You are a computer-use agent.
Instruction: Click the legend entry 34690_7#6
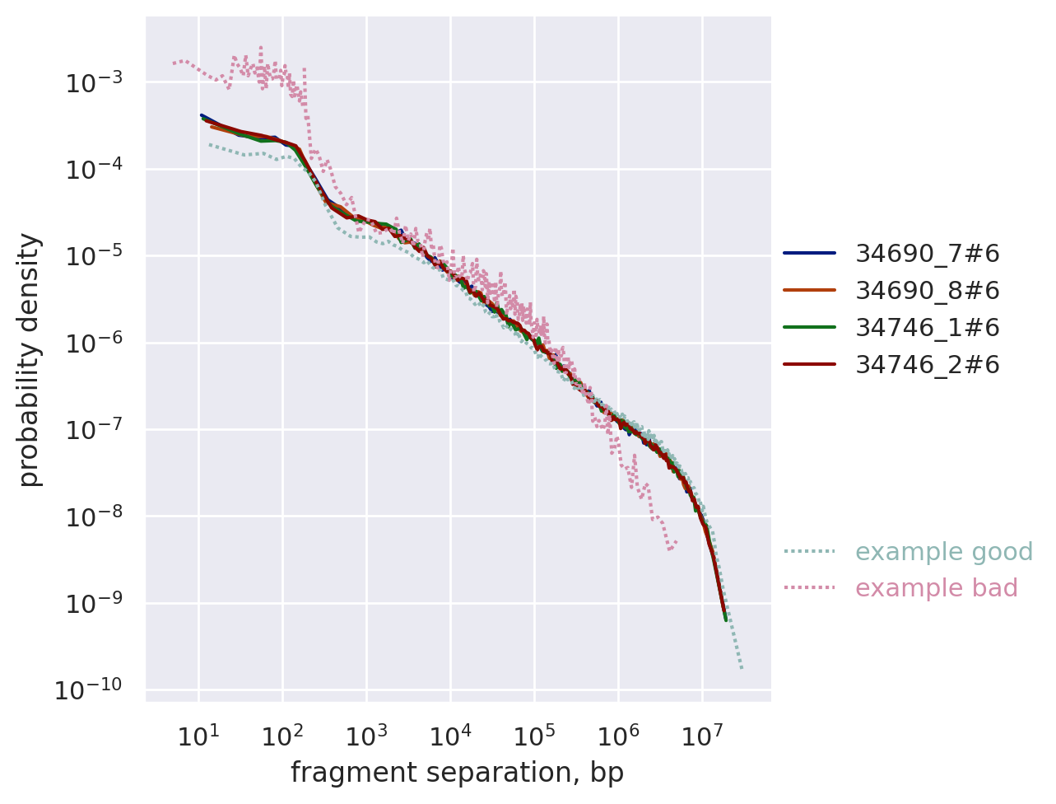[927, 254]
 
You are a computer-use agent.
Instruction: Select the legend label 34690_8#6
[927, 291]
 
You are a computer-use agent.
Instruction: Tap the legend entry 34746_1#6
[927, 328]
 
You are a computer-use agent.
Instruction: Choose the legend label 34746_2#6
[927, 364]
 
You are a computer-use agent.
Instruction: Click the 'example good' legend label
[943, 552]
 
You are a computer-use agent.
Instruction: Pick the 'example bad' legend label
[936, 588]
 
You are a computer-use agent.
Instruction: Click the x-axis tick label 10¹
[198, 735]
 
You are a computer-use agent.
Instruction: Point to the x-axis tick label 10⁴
[449, 735]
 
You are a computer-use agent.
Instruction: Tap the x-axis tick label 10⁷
[701, 735]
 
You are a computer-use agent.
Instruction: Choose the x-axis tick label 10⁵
[533, 735]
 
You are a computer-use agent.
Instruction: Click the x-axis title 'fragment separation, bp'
[457, 773]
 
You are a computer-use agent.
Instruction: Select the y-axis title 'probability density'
[30, 359]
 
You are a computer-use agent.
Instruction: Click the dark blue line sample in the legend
[809, 254]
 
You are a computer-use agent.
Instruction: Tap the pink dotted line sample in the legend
[809, 588]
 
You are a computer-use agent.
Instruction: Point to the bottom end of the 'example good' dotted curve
[742, 668]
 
